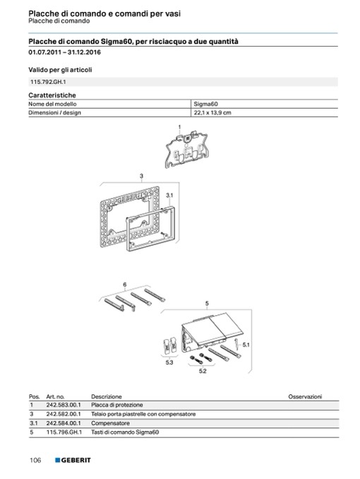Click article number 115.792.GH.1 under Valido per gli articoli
point(48,82)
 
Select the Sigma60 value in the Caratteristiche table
point(206,104)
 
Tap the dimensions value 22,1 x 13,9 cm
point(212,112)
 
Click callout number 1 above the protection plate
point(179,126)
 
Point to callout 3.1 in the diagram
point(169,195)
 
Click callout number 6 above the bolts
point(124,285)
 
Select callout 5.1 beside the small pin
point(246,345)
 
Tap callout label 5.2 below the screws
point(203,371)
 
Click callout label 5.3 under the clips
point(169,362)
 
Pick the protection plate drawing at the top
point(186,150)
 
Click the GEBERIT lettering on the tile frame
point(130,198)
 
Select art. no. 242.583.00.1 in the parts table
point(64,405)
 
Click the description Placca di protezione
point(117,405)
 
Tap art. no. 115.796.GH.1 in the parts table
point(64,432)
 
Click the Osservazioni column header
point(305,396)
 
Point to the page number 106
point(35,460)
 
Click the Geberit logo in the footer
point(73,460)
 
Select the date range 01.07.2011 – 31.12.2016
point(64,52)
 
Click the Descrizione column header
point(107,396)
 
